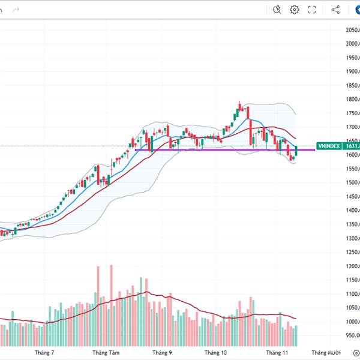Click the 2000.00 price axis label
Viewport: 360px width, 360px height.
pos(351,44)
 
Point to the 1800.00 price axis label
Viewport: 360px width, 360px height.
pos(351,100)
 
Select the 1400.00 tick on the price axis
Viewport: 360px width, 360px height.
pos(351,211)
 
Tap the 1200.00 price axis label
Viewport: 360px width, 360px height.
pos(351,266)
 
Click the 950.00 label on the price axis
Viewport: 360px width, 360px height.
pos(351,336)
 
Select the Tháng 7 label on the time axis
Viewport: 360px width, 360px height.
pos(44,353)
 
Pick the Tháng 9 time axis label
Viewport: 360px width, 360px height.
pos(162,353)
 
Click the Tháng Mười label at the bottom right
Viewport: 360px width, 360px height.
pos(326,353)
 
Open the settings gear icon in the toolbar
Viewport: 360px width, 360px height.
pos(295,10)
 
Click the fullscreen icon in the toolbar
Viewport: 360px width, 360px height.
pos(312,10)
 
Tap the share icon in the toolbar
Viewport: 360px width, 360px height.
pos(335,10)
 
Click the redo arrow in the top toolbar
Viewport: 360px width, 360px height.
pos(16,10)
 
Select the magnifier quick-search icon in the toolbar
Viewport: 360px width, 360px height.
pos(277,10)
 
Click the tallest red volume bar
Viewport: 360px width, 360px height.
pos(111,300)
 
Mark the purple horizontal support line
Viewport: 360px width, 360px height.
pos(222,149)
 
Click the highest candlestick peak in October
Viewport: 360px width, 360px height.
pos(239,103)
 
